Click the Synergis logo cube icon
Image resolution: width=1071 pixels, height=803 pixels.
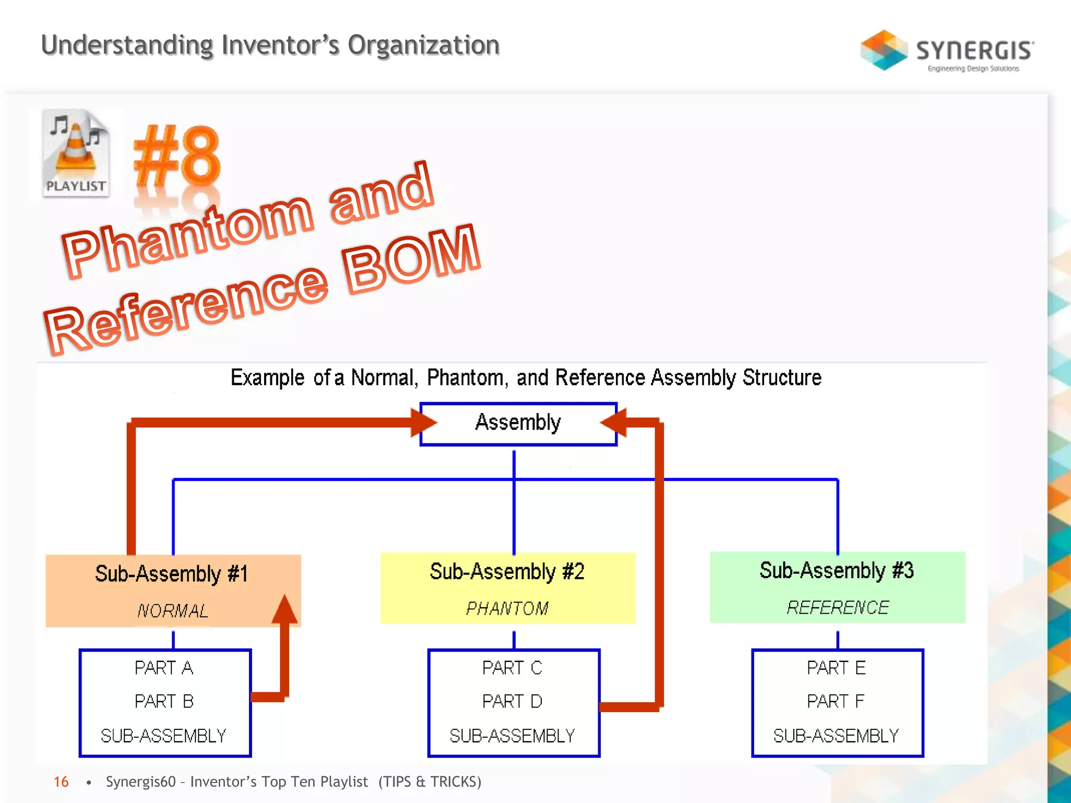click(884, 50)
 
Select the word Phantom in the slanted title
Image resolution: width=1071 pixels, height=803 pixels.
click(188, 235)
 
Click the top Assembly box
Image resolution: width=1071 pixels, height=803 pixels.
click(518, 423)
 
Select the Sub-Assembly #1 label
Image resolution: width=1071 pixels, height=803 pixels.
click(171, 574)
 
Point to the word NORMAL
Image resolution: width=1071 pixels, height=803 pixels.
click(173, 610)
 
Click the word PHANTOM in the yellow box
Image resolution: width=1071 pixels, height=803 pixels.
click(507, 608)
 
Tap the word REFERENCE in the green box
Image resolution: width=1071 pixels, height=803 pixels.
click(838, 607)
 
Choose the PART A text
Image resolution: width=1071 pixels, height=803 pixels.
click(164, 668)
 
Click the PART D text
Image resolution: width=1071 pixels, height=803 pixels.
click(512, 701)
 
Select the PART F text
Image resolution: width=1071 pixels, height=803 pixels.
click(835, 701)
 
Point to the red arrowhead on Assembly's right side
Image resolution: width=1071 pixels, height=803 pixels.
click(613, 422)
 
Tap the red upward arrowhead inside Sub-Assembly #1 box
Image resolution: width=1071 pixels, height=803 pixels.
click(285, 609)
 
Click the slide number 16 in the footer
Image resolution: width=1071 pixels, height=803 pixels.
click(61, 782)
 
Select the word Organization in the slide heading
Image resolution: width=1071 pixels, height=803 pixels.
click(424, 45)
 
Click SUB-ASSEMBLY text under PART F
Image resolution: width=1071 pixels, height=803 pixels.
click(836, 736)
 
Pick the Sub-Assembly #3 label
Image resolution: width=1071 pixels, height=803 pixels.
click(837, 570)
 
